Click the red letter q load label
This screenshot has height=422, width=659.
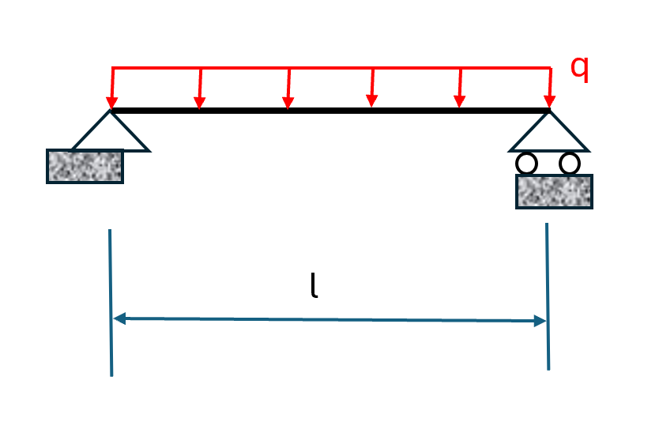click(580, 70)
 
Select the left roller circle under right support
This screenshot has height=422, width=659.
click(526, 164)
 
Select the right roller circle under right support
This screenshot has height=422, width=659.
click(570, 164)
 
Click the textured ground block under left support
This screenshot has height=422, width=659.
click(85, 167)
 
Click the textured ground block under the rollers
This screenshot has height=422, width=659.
click(554, 191)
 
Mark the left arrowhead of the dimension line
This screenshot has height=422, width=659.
click(119, 318)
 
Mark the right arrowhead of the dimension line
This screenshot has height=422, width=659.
click(540, 321)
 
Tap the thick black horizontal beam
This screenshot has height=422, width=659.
click(332, 111)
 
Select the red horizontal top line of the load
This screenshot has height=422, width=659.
click(332, 67)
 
